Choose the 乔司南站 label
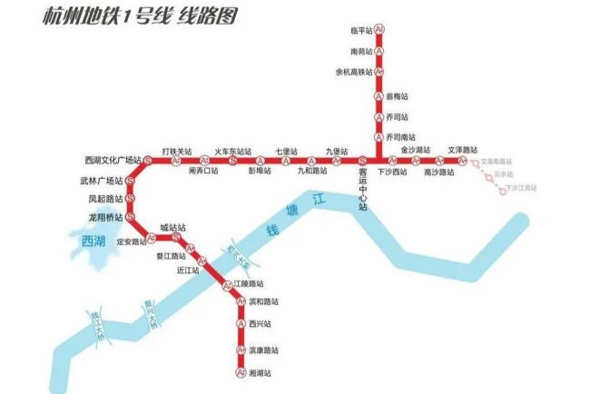tap(400, 136)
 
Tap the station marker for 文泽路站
tap(462, 161)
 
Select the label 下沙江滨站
tap(522, 188)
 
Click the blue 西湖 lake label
tap(93, 241)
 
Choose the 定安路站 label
tap(133, 242)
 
